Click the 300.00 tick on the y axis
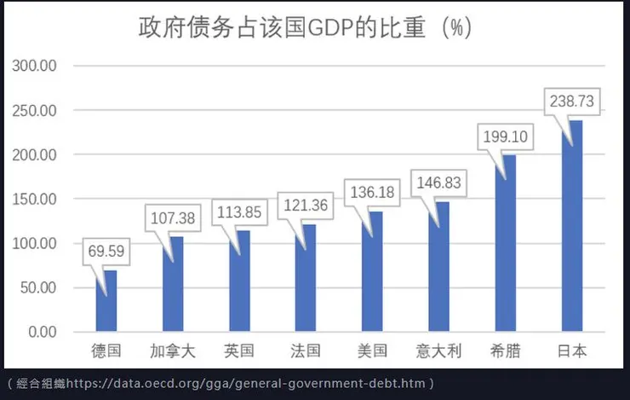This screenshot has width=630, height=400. click(x=31, y=66)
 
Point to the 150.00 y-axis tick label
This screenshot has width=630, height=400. click(x=31, y=199)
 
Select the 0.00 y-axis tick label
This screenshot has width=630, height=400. click(x=38, y=332)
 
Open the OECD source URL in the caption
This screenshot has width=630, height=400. click(x=247, y=384)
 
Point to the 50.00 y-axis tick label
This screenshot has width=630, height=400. click(x=35, y=287)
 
